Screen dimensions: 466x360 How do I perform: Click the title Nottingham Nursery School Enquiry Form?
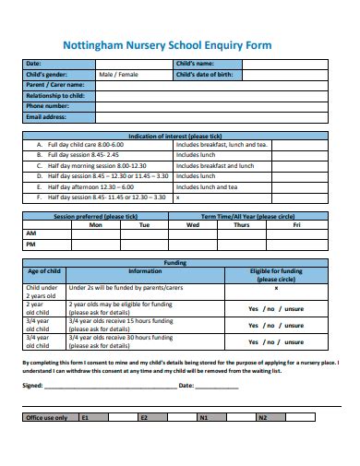click(180, 42)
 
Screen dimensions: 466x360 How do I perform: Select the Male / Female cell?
click(120, 73)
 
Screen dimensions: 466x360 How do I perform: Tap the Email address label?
click(46, 117)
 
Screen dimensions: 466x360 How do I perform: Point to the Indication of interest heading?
click(179, 135)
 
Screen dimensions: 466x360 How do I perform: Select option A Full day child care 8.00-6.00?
click(91, 145)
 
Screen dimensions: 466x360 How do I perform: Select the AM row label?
click(30, 234)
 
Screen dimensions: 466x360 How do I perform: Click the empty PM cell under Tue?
click(144, 245)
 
